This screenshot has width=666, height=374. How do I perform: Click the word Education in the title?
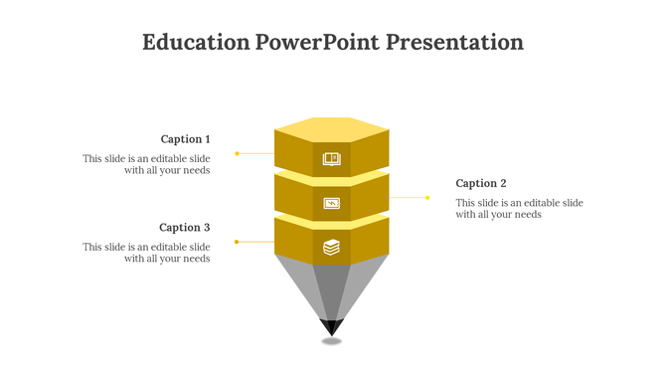click(196, 43)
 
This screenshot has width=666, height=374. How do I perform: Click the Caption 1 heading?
click(185, 139)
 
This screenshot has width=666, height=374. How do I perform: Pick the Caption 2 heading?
click(481, 183)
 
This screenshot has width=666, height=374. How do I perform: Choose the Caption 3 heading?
click(185, 228)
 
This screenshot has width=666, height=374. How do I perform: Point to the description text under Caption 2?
click(519, 208)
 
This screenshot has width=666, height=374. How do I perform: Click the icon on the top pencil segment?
click(332, 158)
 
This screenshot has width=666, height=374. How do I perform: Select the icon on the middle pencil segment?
click(332, 203)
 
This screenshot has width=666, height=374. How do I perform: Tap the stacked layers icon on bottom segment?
click(332, 247)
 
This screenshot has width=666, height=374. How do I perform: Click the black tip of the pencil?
click(332, 326)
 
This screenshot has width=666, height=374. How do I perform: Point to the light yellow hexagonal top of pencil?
click(332, 129)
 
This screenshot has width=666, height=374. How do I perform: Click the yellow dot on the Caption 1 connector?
click(237, 153)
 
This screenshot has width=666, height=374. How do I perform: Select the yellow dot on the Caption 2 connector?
click(427, 197)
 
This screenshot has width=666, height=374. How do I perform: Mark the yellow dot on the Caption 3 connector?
click(237, 242)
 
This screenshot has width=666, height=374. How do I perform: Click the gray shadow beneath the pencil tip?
click(332, 341)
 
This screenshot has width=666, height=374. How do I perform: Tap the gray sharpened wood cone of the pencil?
click(332, 288)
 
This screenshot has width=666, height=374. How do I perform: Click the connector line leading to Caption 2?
click(408, 197)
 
